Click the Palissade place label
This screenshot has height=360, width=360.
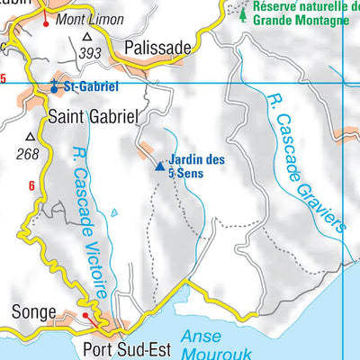[158, 47]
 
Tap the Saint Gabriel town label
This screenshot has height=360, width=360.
[93, 116]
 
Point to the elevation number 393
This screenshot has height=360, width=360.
[89, 54]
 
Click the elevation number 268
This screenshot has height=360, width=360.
[28, 154]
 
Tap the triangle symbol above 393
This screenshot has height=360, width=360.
[87, 38]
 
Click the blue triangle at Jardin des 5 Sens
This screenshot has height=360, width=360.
[160, 166]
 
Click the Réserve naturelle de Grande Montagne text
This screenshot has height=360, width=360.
[301, 10]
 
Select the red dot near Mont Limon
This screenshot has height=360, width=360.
[46, 22]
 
